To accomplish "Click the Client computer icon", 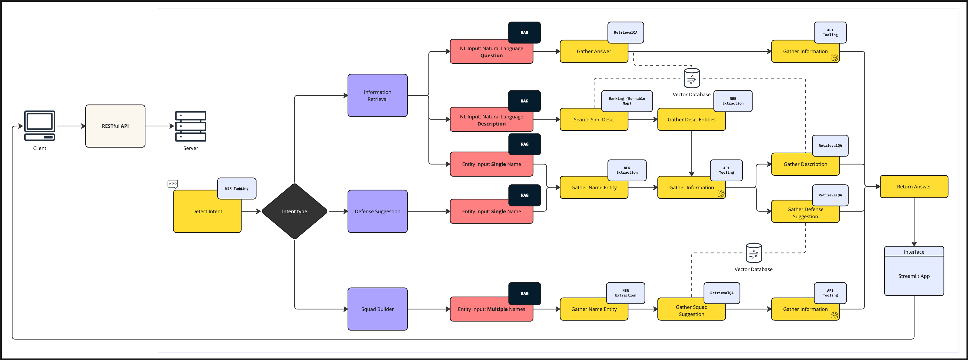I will (x=40, y=126).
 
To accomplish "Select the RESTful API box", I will (x=115, y=126).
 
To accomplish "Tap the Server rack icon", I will (x=190, y=126).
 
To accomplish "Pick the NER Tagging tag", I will (x=237, y=188).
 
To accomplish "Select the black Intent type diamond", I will (x=294, y=211).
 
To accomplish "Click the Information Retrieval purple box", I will (x=377, y=95).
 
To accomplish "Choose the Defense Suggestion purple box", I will (x=377, y=211).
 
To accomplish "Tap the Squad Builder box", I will (x=377, y=309).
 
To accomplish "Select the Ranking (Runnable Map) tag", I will (x=627, y=101).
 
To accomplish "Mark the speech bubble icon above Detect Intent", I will (x=172, y=184).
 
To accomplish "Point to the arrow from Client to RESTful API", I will (x=71, y=126).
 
